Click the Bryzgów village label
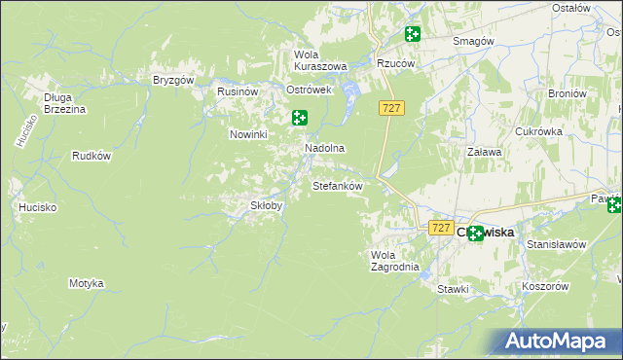174,80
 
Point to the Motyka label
86,283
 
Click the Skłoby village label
267,205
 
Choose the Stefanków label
337,185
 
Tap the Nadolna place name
325,148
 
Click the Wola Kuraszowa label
320,60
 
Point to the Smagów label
474,41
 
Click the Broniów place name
567,93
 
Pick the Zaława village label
484,152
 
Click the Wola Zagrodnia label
394,261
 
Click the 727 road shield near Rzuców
391,108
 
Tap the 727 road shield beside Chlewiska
441,228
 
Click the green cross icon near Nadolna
300,118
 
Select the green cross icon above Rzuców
413,35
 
